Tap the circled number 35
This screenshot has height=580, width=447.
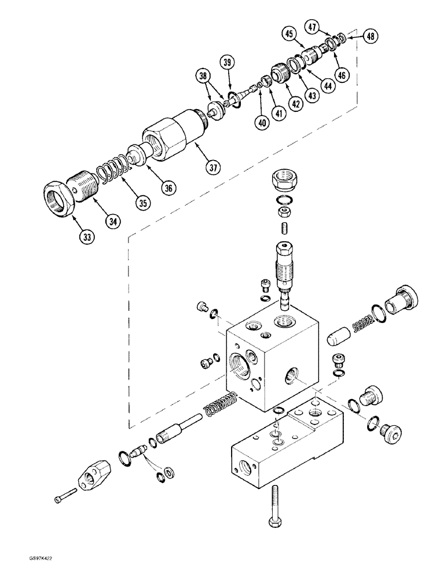(x=141, y=204)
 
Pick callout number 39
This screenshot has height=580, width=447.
(x=228, y=63)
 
